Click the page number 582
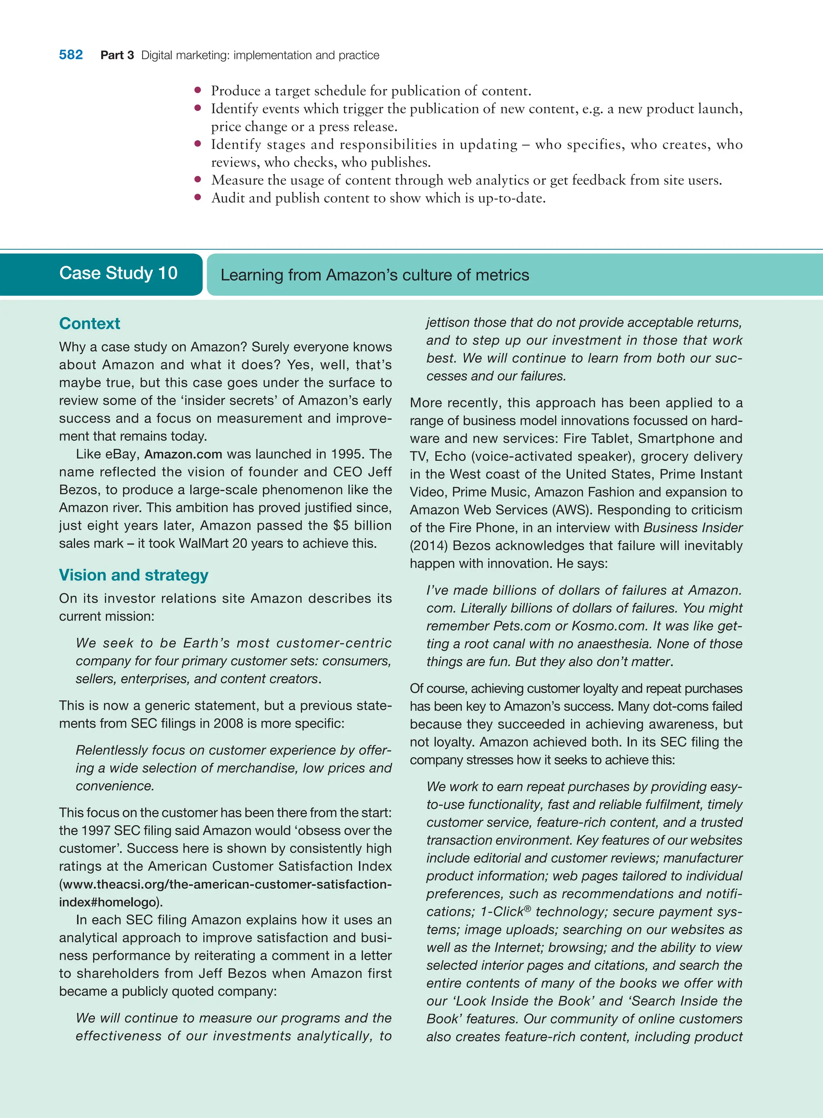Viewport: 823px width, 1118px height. coord(71,55)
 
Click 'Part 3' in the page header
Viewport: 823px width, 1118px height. coord(117,55)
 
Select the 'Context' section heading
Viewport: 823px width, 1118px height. coord(90,323)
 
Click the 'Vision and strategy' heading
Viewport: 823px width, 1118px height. coord(133,575)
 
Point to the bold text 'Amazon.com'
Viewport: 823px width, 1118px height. coord(183,454)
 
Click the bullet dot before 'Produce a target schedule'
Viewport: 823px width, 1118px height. coord(198,90)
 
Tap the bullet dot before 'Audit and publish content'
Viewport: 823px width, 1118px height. coord(198,197)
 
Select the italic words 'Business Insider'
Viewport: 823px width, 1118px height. coord(693,528)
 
